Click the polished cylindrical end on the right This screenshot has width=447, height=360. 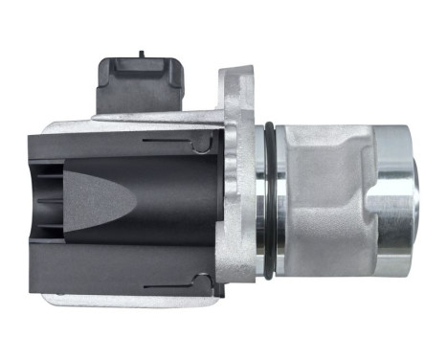393,200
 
